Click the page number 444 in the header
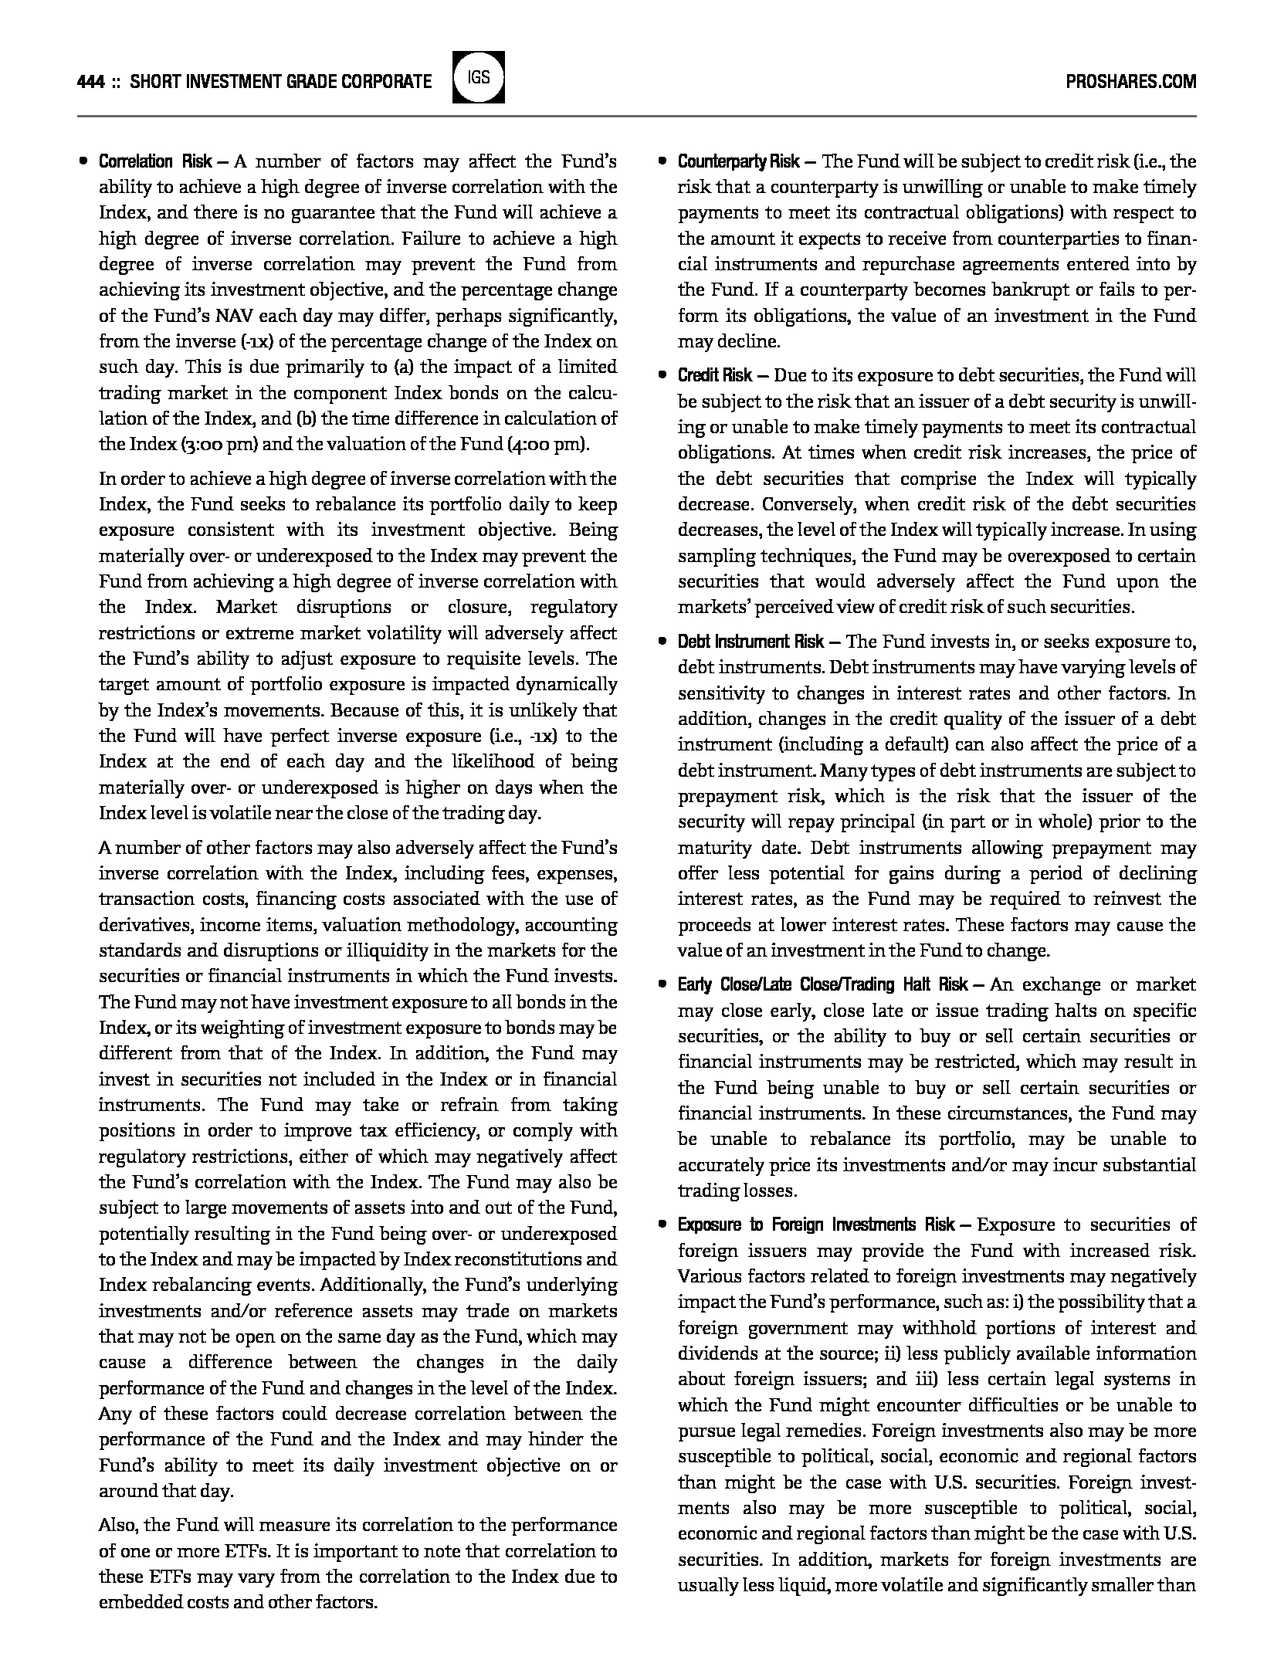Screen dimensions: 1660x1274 click(x=91, y=82)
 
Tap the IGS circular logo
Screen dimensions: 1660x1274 click(x=478, y=77)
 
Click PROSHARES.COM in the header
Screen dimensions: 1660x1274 click(x=1130, y=82)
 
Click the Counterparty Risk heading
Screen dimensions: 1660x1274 click(x=738, y=161)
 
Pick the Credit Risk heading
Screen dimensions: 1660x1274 click(x=714, y=375)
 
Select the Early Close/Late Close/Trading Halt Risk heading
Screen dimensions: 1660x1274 click(x=822, y=984)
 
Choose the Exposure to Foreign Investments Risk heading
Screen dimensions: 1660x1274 click(x=817, y=1225)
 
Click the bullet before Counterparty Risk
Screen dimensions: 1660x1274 click(x=662, y=161)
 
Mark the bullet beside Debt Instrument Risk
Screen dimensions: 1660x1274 click(x=662, y=642)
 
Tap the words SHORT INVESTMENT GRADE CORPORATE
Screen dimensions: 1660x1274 click(x=281, y=82)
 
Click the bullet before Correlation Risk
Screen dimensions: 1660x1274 click(x=83, y=161)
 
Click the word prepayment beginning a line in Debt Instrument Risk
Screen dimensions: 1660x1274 click(x=725, y=796)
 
